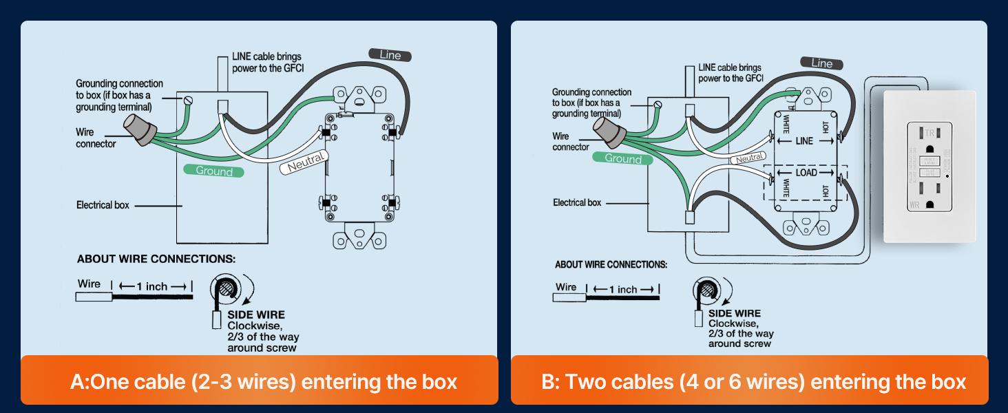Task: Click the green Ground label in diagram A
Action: pyautogui.click(x=214, y=171)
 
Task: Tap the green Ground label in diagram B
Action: pyautogui.click(x=622, y=158)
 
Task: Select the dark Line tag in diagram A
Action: pyautogui.click(x=390, y=55)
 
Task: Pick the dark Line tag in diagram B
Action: pyautogui.click(x=821, y=63)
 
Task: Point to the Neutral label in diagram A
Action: pyautogui.click(x=305, y=164)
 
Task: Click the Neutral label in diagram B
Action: pyautogui.click(x=750, y=158)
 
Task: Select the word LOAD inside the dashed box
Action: pyautogui.click(x=806, y=172)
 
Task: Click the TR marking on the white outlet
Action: pyautogui.click(x=929, y=133)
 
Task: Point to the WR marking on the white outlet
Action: pyautogui.click(x=914, y=204)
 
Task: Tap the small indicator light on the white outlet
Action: pyautogui.click(x=948, y=176)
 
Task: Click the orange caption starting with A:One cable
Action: pyautogui.click(x=263, y=381)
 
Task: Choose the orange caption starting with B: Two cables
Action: pyautogui.click(x=753, y=381)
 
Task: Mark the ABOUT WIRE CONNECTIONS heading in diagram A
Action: pyautogui.click(x=156, y=260)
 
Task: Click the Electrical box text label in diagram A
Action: pyautogui.click(x=103, y=205)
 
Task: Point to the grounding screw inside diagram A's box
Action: pyautogui.click(x=187, y=100)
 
